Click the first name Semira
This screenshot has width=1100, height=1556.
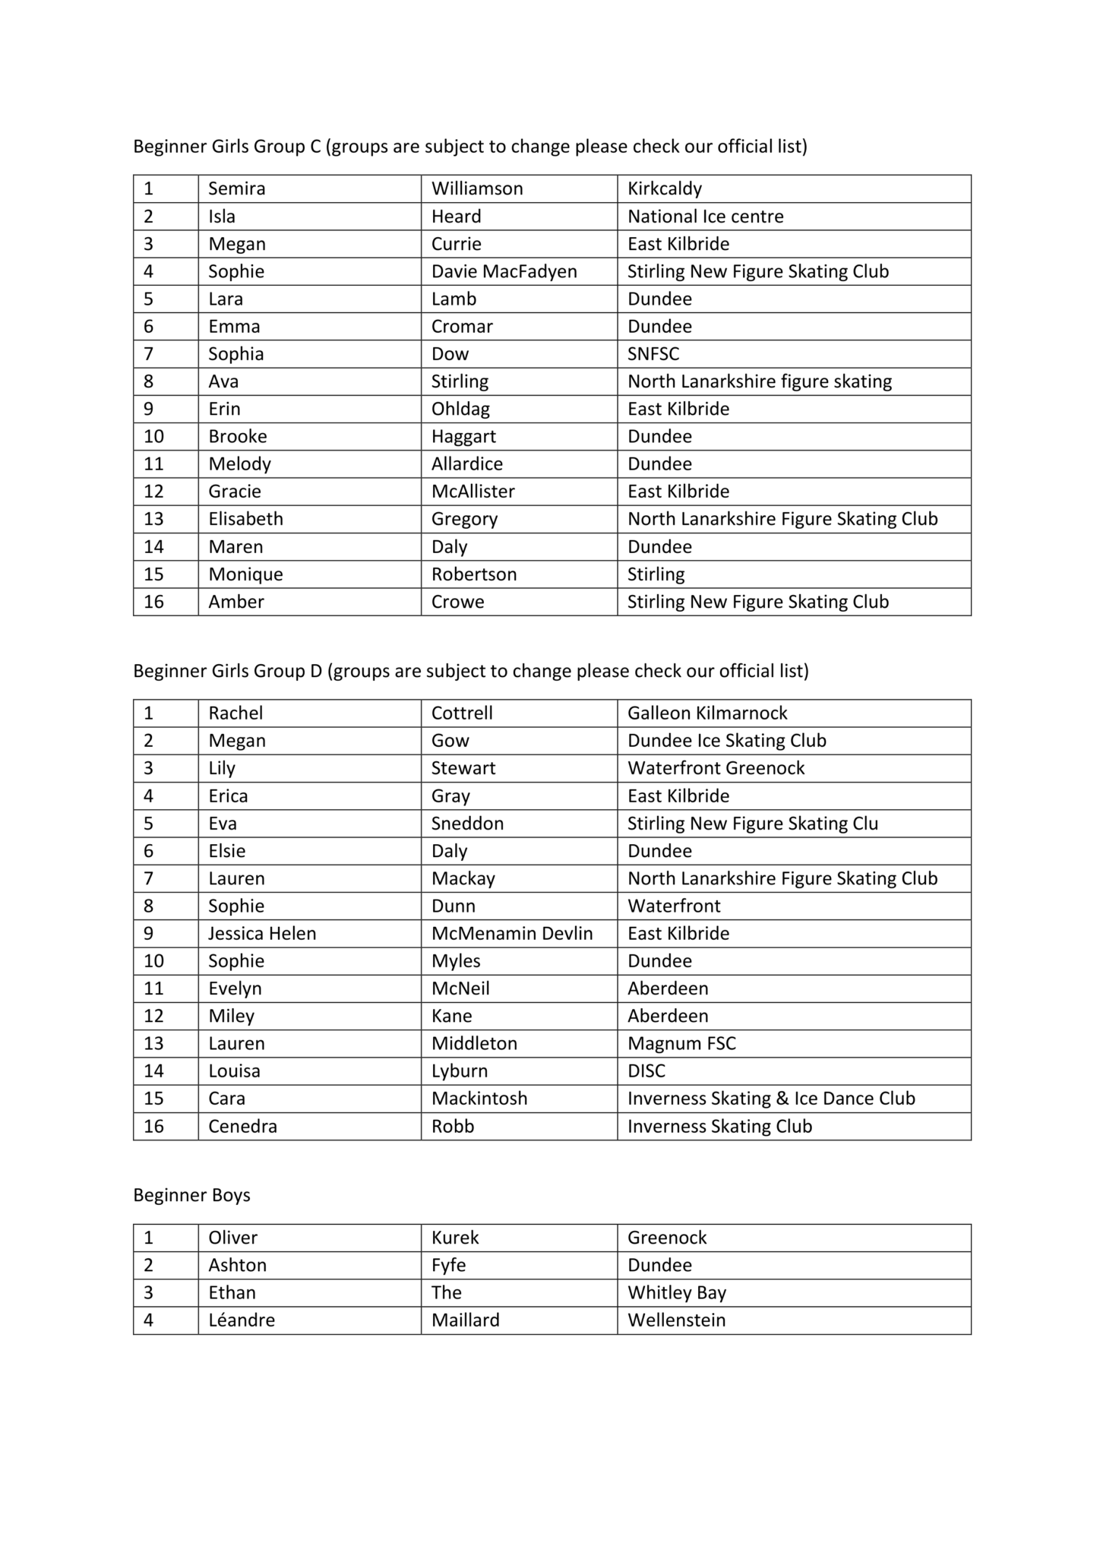(x=237, y=188)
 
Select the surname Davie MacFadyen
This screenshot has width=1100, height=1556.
(x=504, y=271)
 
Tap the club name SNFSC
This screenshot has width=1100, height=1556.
(x=653, y=354)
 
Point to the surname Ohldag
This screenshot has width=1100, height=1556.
(x=460, y=409)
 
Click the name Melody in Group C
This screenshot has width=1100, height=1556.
(x=239, y=463)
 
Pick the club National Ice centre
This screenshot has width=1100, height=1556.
(x=705, y=217)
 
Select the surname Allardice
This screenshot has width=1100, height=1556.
(x=466, y=463)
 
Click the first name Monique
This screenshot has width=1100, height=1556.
(x=245, y=574)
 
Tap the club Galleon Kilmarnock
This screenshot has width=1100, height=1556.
(x=707, y=713)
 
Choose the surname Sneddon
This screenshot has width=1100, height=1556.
(x=467, y=824)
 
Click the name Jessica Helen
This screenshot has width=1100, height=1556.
(x=262, y=933)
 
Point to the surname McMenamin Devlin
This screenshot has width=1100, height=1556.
(x=512, y=933)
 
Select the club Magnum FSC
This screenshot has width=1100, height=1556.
(x=681, y=1043)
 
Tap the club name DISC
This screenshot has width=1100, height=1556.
(x=646, y=1071)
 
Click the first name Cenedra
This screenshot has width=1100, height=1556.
(x=242, y=1126)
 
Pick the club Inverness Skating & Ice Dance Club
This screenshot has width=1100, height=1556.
(x=771, y=1099)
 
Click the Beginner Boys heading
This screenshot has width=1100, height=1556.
(x=191, y=1195)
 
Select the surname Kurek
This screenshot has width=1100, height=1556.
(x=455, y=1238)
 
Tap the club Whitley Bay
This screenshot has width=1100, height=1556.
(x=677, y=1292)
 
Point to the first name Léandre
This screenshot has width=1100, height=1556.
(x=242, y=1320)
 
